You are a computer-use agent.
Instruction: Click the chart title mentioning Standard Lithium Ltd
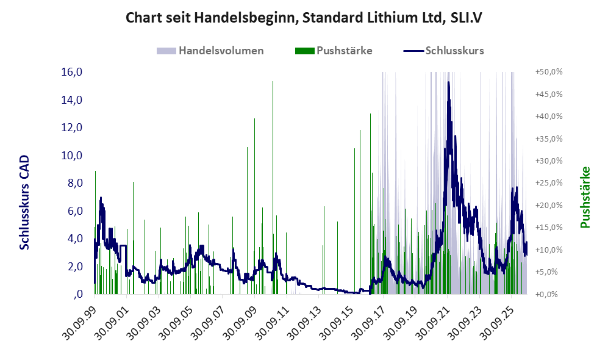point(304,18)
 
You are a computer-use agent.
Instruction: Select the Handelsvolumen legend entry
point(210,51)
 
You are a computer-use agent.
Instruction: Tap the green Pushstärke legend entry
point(334,51)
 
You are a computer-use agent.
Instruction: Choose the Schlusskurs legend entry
point(443,51)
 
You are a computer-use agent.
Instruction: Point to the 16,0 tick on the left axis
point(72,72)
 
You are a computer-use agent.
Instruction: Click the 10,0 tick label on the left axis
point(72,155)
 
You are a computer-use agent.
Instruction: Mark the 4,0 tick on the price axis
point(75,238)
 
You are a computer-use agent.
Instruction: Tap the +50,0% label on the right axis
point(549,72)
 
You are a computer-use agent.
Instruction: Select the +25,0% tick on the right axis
point(549,182)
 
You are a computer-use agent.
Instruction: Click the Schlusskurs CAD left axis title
point(24,202)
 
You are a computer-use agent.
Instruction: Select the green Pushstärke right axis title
point(585,197)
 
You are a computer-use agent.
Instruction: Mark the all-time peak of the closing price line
point(449,82)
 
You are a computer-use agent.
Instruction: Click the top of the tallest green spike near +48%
point(273,82)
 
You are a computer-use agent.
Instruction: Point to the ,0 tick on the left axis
point(78,293)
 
